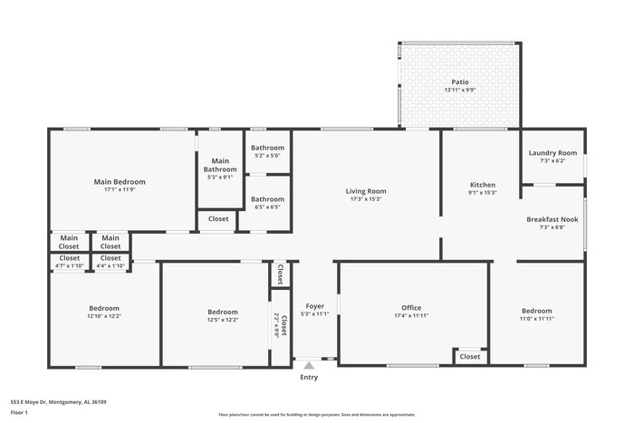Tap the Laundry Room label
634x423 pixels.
point(552,153)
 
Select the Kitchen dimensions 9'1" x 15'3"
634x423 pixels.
point(482,193)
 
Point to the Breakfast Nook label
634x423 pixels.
point(552,219)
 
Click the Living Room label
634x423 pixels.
point(366,191)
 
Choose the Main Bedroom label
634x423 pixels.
point(120,181)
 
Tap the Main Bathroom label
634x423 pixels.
point(220,165)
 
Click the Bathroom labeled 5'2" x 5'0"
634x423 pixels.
point(267,148)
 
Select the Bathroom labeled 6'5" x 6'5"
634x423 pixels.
point(267,199)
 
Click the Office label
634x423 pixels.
point(411,308)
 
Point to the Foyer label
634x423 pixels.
point(314,306)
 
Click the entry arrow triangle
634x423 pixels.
point(309,365)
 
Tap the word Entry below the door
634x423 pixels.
point(309,378)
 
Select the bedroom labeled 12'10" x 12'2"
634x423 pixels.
point(103,308)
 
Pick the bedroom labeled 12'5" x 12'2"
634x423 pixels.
point(222,312)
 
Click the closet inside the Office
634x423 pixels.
point(470,357)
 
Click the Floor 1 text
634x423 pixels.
point(20,412)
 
